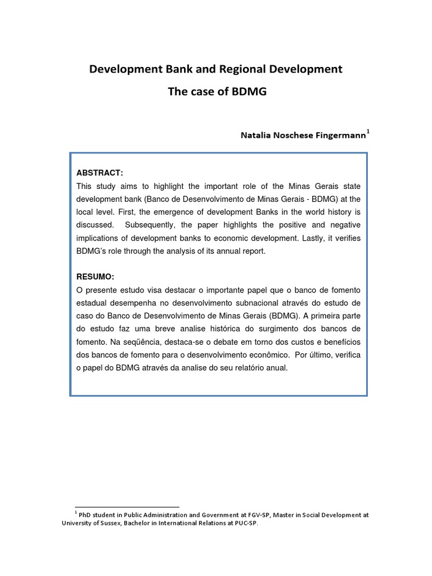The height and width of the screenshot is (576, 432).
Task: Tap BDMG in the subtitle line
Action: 250,92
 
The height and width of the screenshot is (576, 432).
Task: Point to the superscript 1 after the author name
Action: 368,132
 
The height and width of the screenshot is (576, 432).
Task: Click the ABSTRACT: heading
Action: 100,173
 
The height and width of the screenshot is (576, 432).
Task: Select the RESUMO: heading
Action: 95,277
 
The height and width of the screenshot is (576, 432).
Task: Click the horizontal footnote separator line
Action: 127,507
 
